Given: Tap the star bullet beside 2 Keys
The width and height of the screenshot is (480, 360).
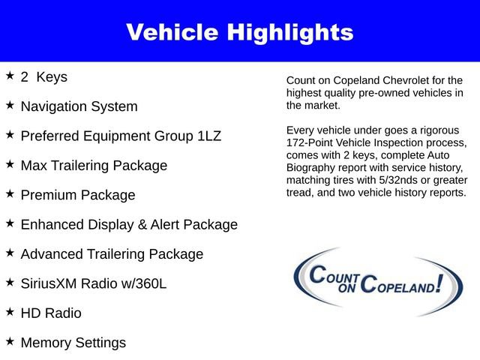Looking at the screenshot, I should pyautogui.click(x=10, y=76).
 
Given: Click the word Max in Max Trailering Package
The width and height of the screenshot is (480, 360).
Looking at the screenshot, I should pyautogui.click(x=34, y=165).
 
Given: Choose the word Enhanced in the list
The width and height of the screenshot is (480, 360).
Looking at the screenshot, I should pyautogui.click(x=52, y=224).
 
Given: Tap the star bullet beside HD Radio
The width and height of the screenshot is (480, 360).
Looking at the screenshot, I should pyautogui.click(x=10, y=312).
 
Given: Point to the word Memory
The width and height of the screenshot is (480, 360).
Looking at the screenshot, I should pyautogui.click(x=46, y=343).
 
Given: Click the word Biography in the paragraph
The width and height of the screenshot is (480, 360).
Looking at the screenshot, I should pyautogui.click(x=314, y=167).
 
